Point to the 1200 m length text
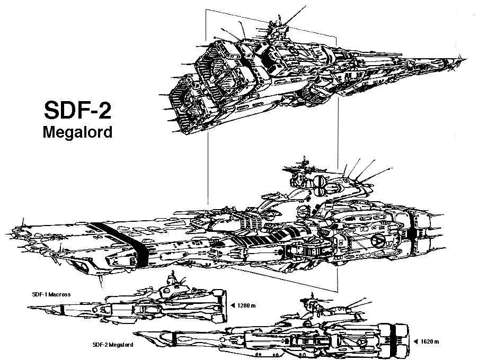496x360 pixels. (x=246, y=305)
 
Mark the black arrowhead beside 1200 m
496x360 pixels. (x=233, y=305)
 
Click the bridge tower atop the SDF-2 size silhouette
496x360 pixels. (x=309, y=307)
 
